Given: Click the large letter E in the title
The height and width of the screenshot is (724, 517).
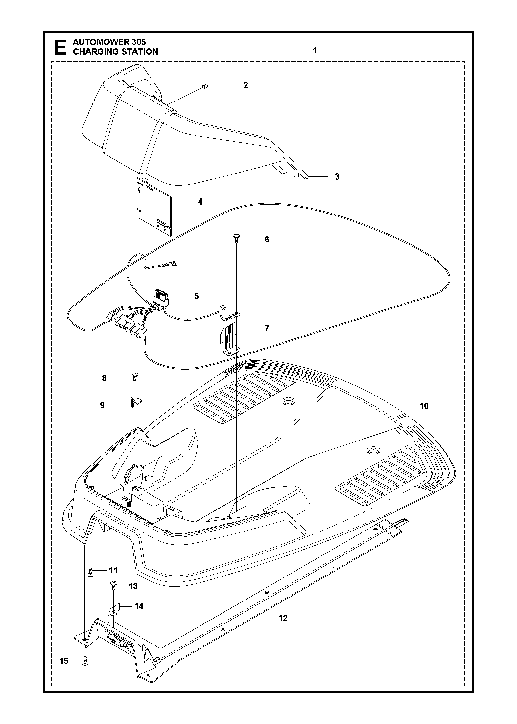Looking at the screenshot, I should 60,47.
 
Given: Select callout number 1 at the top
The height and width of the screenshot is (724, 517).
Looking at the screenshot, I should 315,51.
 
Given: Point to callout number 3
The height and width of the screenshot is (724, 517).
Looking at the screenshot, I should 337,176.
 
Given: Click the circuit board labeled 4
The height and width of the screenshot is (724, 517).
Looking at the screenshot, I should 154,207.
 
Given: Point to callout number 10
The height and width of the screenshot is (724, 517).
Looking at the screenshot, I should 424,406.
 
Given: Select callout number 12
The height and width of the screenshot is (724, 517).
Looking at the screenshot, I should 283,618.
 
